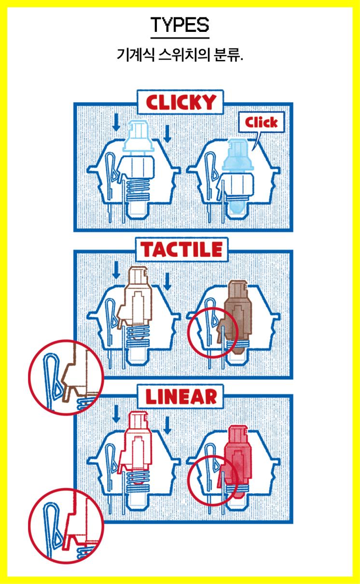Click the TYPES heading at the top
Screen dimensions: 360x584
[180, 25]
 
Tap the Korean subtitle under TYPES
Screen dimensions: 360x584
[180, 55]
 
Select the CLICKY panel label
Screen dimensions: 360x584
[180, 102]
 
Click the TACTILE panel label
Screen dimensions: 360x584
[182, 250]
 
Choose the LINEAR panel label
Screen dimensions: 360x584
[181, 397]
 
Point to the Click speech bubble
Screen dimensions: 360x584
[262, 122]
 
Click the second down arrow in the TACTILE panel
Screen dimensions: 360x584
[167, 281]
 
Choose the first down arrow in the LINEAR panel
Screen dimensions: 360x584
[116, 414]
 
